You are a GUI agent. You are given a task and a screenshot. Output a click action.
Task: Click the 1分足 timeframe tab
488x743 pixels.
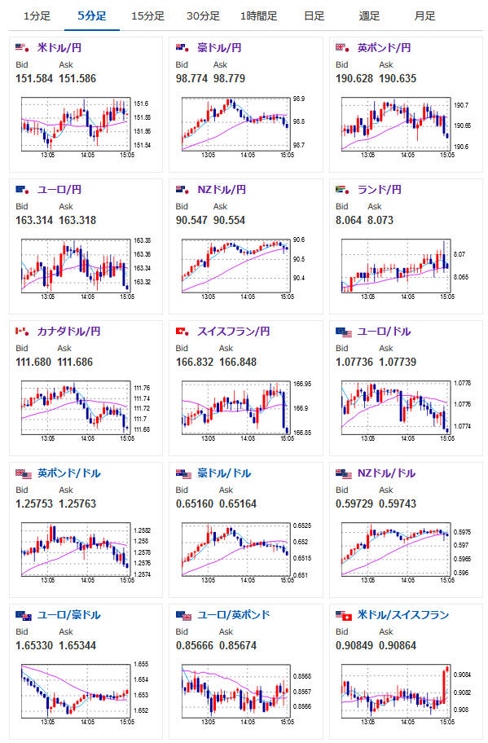click(37, 16)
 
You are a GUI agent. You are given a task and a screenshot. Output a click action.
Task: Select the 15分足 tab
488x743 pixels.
click(147, 16)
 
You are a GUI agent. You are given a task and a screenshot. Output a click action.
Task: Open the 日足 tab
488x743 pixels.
click(314, 16)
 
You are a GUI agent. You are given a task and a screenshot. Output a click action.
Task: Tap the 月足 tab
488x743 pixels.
click(424, 16)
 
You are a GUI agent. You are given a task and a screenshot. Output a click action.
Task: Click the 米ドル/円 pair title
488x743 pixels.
click(59, 48)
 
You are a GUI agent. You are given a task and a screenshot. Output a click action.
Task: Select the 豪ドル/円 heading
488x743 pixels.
click(219, 48)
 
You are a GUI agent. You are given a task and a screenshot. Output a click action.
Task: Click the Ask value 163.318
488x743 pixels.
click(77, 220)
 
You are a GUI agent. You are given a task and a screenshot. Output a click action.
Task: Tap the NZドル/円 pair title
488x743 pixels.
click(222, 190)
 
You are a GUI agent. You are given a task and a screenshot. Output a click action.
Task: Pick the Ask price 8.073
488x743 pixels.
click(380, 220)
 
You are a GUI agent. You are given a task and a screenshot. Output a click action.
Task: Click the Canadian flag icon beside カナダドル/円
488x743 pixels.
click(22, 332)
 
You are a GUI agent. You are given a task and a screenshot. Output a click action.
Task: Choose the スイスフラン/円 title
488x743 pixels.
click(234, 332)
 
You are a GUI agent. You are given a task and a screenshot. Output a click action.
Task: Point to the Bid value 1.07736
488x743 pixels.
click(354, 362)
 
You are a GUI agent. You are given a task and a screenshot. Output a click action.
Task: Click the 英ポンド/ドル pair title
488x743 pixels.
click(69, 473)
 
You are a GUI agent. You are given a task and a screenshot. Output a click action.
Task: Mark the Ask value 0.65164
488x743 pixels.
click(238, 503)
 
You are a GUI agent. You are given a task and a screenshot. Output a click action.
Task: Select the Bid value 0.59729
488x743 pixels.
click(354, 503)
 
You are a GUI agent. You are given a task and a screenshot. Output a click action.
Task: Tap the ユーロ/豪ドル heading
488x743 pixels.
click(69, 615)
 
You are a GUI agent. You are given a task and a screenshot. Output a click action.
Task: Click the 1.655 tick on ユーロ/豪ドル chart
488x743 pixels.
click(141, 664)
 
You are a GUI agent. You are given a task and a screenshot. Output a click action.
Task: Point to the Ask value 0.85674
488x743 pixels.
click(238, 645)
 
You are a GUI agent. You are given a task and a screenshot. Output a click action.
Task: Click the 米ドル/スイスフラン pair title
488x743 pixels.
click(403, 615)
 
